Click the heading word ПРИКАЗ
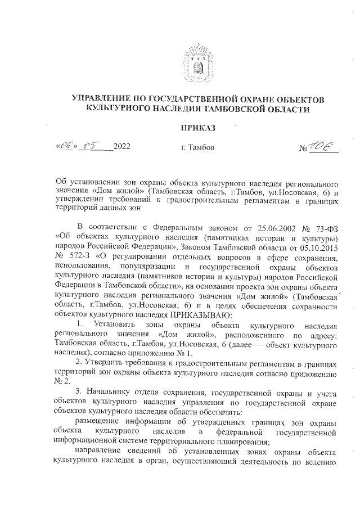197,129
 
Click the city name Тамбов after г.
201,147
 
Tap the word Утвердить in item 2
105,364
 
